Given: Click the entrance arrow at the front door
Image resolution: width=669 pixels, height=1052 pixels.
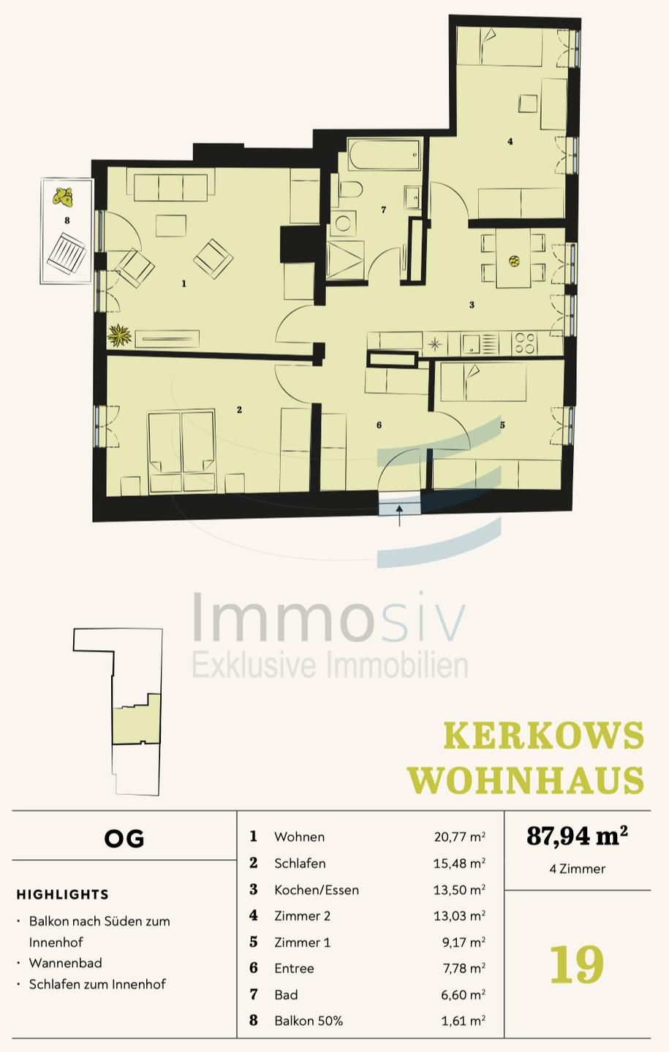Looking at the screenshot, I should coord(400,514).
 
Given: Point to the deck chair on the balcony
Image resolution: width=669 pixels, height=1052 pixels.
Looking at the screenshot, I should coord(67,254).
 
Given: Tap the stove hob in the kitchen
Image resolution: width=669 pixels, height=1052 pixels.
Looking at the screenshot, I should coord(524,343).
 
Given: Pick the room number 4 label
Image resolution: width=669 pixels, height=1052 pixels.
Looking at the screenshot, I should coord(510,141).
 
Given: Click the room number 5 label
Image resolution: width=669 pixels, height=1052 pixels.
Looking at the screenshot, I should coord(502,424).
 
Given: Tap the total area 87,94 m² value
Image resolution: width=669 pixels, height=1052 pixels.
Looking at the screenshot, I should coord(577,835).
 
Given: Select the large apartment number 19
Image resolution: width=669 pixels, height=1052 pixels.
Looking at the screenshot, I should coord(576,964).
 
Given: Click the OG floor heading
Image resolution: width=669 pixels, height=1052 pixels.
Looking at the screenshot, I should coord(124,838).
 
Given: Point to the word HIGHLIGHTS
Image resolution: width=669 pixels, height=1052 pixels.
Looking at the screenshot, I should coord(62,894).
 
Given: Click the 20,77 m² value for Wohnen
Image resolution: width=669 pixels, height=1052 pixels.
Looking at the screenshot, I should coord(459,837).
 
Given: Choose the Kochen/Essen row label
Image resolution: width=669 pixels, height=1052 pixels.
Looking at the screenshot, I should coord(316,890).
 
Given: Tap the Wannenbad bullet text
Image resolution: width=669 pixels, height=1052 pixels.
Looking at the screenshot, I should coord(65,963).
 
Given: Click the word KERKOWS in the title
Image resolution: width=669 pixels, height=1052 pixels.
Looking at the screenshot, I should coord(544,736).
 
